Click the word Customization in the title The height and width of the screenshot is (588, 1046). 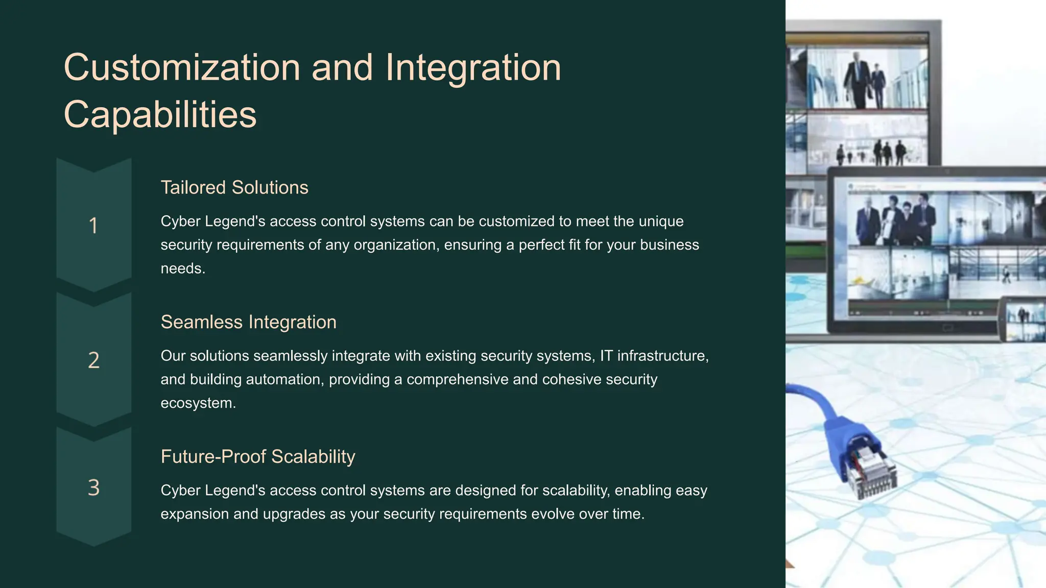[x=182, y=68]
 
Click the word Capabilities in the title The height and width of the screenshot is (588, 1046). [x=160, y=114]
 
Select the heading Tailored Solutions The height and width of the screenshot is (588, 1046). [x=234, y=187]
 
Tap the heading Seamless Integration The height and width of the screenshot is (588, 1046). [x=248, y=322]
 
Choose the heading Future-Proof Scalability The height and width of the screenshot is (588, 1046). [x=257, y=456]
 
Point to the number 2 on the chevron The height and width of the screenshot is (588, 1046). [x=93, y=360]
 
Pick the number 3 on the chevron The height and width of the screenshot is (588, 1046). [x=93, y=487]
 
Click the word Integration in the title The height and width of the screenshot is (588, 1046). [x=473, y=68]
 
